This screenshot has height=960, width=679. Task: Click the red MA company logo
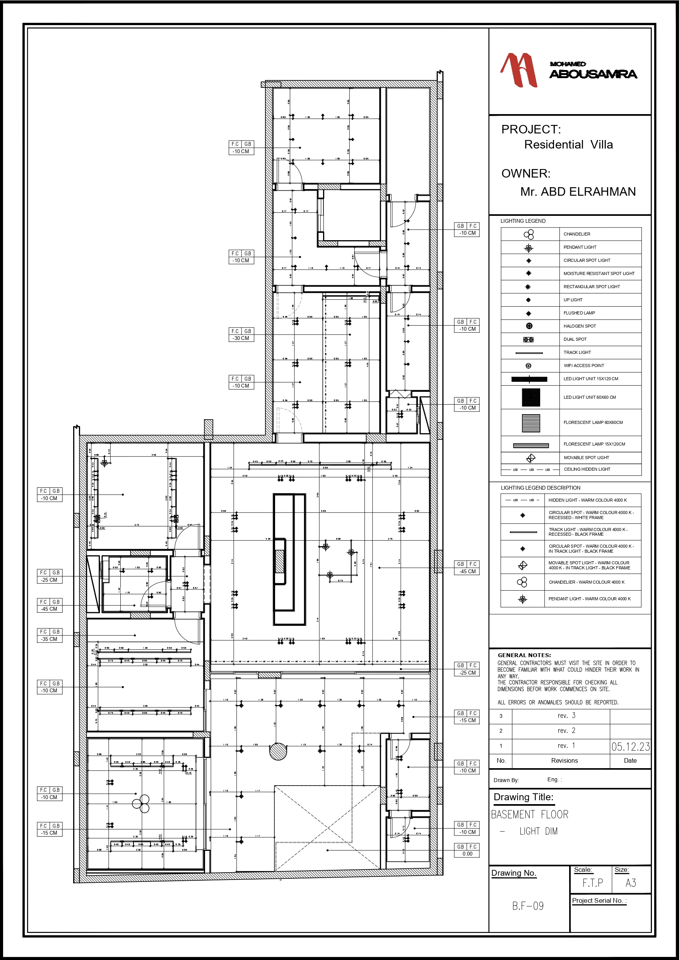point(518,70)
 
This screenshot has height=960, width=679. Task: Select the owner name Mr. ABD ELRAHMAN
point(577,192)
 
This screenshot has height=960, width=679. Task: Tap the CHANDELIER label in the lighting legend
point(576,234)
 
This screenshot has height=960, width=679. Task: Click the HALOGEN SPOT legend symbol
point(529,326)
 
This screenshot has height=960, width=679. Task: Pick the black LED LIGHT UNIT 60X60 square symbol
point(530,398)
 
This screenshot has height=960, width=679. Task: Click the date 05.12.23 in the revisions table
point(630,747)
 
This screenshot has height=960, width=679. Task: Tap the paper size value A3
point(631,883)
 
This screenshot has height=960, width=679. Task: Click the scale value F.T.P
point(592,883)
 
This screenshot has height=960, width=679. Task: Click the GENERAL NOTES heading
point(524,655)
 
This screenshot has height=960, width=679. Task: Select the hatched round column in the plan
point(278,752)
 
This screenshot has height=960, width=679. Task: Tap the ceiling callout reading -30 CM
point(241,338)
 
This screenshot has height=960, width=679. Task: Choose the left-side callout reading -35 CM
point(49,639)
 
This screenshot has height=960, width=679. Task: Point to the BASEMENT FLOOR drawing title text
point(529,815)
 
